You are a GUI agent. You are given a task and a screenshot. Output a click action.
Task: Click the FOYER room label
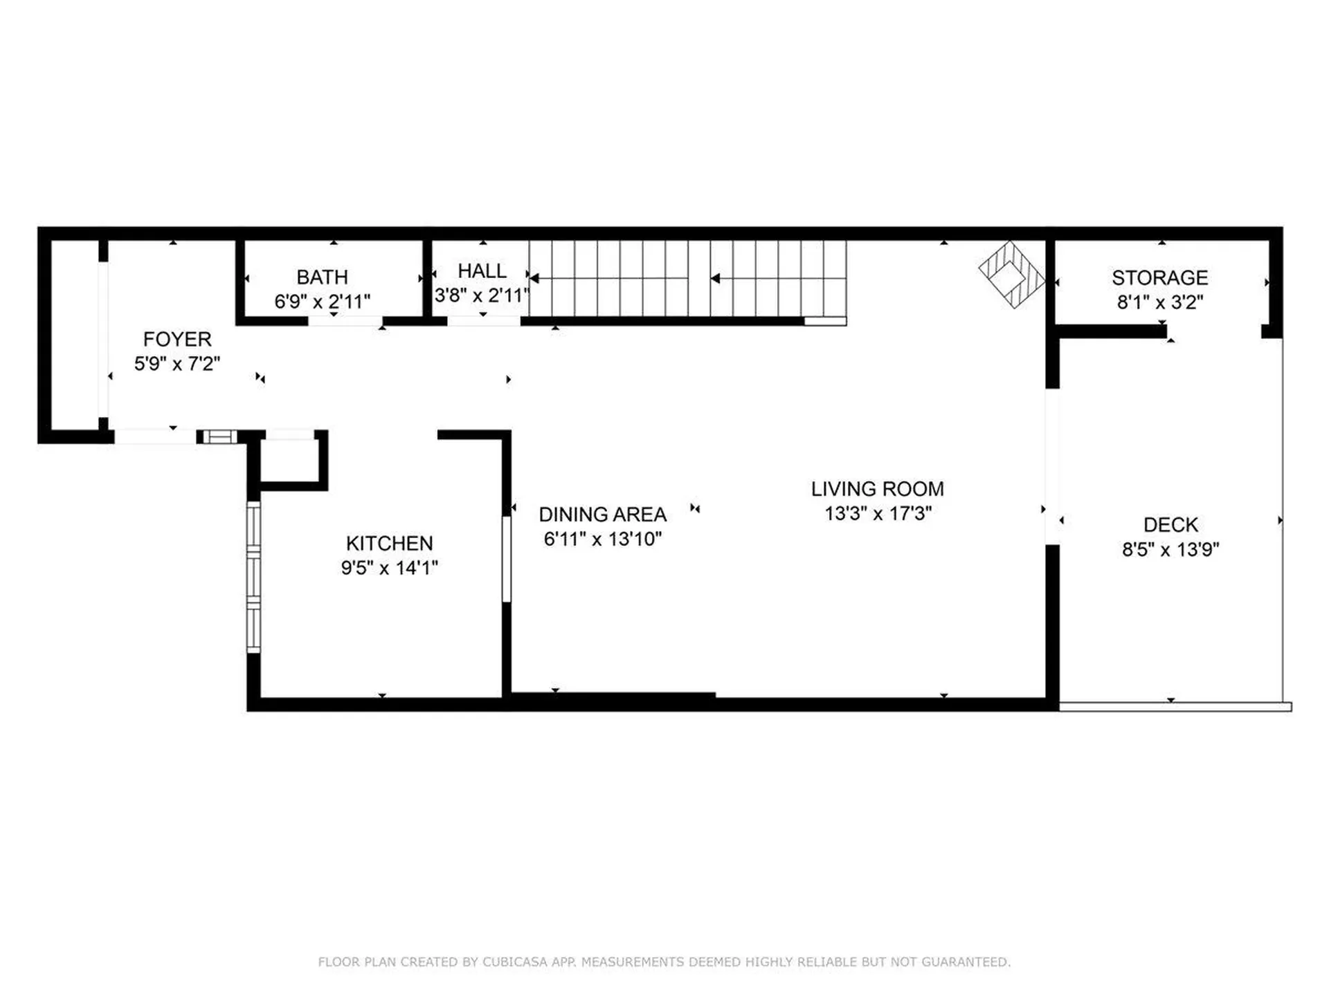point(177,339)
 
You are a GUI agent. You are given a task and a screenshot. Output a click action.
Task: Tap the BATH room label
point(322,277)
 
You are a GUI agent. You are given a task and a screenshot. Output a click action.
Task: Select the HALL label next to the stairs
point(482,270)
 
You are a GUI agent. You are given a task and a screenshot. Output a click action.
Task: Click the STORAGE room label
point(1159,277)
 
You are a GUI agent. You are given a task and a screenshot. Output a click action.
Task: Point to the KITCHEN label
point(389,543)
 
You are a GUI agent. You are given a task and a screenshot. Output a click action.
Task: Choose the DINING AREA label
point(602,515)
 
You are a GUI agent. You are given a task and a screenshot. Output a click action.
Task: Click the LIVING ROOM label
point(877,489)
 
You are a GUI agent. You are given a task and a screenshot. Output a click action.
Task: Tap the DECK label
point(1170,524)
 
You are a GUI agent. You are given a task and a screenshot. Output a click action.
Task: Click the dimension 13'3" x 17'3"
point(878,513)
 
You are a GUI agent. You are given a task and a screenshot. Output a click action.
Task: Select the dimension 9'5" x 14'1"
point(389,568)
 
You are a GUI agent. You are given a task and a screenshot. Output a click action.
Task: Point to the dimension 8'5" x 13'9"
point(1170,549)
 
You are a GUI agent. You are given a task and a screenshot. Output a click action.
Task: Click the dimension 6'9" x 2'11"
point(322,302)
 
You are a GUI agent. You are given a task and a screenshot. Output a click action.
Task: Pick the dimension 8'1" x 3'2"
point(1159,302)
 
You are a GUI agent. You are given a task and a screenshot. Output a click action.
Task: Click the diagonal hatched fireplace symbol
point(1011,274)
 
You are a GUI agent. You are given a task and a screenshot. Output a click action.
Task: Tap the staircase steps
point(687,279)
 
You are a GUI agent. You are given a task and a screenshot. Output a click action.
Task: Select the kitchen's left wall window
point(253,578)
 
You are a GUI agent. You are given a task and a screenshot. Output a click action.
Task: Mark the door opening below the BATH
point(345,321)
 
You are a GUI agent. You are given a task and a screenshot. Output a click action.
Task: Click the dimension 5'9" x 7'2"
point(177,364)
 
